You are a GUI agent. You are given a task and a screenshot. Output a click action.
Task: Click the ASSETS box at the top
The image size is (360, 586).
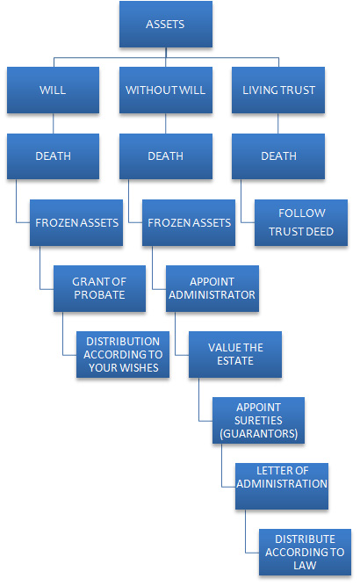tap(166, 25)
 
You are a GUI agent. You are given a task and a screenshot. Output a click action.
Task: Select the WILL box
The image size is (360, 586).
tap(53, 90)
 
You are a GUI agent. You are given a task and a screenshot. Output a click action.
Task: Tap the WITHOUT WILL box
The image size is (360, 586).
tap(166, 90)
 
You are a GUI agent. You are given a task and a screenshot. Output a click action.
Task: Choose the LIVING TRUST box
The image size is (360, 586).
tap(278, 90)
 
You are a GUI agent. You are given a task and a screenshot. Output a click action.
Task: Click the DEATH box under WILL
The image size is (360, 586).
tap(53, 156)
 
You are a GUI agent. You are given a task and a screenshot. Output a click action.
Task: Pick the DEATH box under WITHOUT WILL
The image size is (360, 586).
tap(166, 156)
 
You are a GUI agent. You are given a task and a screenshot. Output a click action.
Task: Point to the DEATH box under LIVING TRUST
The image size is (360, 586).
tap(278, 156)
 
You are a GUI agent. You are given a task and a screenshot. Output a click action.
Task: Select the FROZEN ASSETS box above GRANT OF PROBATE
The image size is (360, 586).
tap(76, 223)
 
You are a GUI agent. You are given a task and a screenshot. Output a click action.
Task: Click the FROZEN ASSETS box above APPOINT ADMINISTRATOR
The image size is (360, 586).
tap(189, 223)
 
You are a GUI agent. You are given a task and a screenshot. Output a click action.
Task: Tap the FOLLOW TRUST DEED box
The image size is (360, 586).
tap(301, 223)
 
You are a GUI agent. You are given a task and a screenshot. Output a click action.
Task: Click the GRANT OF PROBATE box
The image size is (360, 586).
tap(99, 288)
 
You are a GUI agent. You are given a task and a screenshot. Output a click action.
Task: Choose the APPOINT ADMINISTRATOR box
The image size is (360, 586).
tap(212, 288)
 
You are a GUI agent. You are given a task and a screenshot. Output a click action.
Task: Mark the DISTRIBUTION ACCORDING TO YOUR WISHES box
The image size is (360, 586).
tap(123, 355)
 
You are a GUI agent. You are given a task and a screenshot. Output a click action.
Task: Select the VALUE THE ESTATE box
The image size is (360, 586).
tap(235, 355)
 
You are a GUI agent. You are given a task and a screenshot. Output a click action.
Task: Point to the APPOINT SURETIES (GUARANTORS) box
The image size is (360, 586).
tap(258, 421)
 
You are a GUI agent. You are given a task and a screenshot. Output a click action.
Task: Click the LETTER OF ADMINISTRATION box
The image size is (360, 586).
tap(282, 486)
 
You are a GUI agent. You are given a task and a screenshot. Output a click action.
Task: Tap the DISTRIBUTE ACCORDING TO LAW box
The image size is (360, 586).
tap(305, 553)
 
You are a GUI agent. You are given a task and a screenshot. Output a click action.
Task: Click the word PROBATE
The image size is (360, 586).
tap(99, 295)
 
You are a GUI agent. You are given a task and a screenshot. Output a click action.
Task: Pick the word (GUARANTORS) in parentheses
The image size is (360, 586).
tap(258, 433)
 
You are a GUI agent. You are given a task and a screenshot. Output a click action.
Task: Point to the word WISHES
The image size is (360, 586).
tap(140, 368)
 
